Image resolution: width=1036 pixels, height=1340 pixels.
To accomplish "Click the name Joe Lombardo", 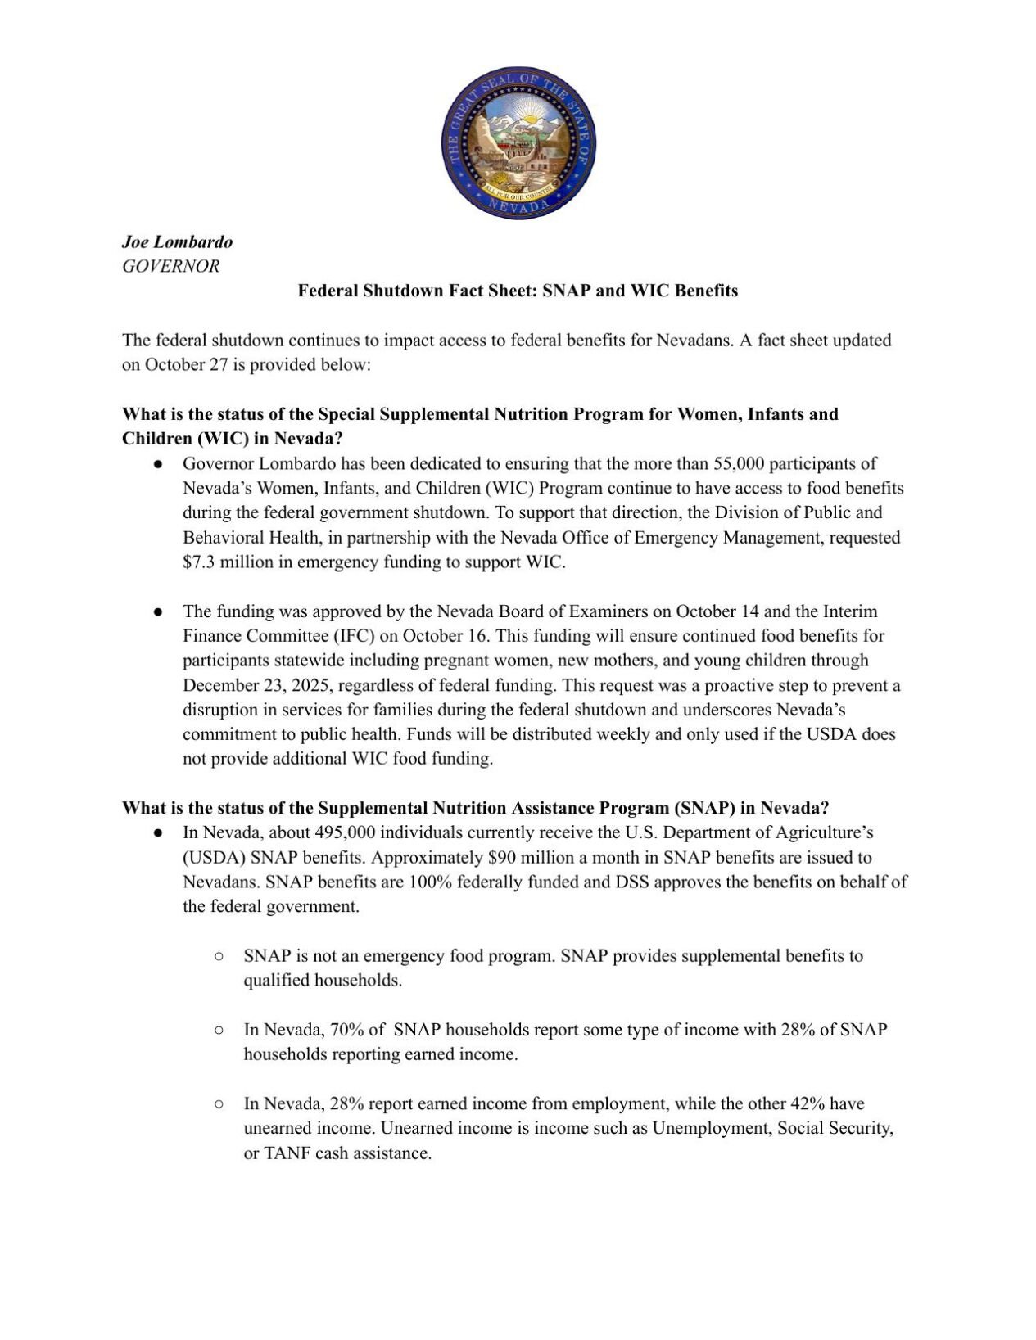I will pyautogui.click(x=177, y=241).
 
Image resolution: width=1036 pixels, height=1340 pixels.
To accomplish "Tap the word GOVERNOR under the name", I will pyautogui.click(x=170, y=266).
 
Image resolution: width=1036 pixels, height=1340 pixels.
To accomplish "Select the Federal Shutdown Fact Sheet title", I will pyautogui.click(x=517, y=291).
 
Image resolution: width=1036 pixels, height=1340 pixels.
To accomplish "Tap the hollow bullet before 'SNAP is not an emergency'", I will pyautogui.click(x=219, y=956).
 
